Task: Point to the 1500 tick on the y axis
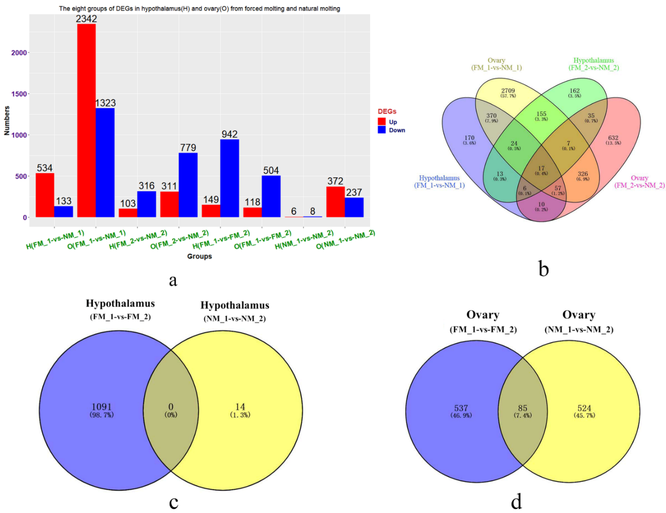click(x=19, y=94)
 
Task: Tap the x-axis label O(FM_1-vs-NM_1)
click(x=96, y=240)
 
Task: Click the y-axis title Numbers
click(x=7, y=120)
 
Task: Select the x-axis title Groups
click(x=199, y=256)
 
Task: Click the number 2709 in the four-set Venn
click(x=508, y=91)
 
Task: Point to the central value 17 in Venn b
click(x=541, y=168)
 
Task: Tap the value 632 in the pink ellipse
click(x=613, y=138)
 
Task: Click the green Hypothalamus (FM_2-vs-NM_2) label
click(x=593, y=64)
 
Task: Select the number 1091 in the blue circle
click(x=102, y=407)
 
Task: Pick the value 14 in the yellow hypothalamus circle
click(x=240, y=407)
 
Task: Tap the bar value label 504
click(x=271, y=170)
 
